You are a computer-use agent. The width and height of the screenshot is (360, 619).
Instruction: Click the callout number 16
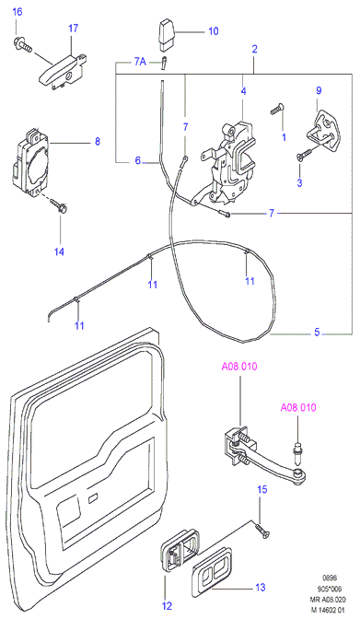pyautogui.click(x=17, y=11)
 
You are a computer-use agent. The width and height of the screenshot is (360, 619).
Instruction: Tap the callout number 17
pyautogui.click(x=73, y=28)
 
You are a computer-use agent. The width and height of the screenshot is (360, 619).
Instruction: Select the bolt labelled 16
pyautogui.click(x=23, y=44)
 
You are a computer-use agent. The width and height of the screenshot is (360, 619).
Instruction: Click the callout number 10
pyautogui.click(x=214, y=30)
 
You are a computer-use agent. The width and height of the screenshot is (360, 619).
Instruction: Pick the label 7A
pyautogui.click(x=139, y=62)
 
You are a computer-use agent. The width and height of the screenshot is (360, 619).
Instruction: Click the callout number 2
pyautogui.click(x=255, y=49)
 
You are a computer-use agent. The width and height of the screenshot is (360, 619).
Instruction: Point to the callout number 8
pyautogui.click(x=98, y=141)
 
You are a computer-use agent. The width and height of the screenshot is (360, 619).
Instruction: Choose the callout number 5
pyautogui.click(x=317, y=332)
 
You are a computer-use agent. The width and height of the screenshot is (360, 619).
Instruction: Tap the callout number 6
pyautogui.click(x=138, y=160)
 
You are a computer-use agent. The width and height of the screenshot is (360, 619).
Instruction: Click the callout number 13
pyautogui.click(x=261, y=588)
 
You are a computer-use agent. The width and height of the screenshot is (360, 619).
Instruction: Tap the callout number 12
pyautogui.click(x=168, y=605)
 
